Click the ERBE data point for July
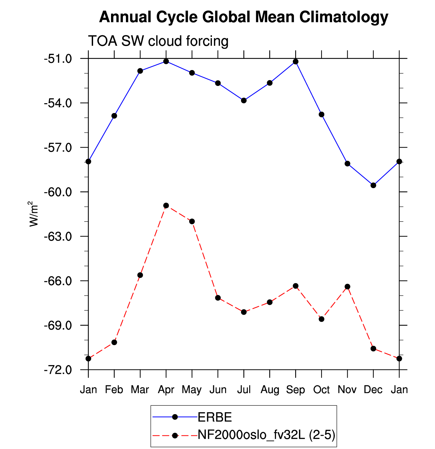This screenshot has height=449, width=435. click(x=244, y=100)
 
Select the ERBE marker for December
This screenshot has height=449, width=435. click(x=373, y=185)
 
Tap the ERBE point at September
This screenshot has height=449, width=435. click(x=296, y=62)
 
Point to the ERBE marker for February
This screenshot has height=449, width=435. click(x=114, y=116)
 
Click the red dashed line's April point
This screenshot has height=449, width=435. click(x=166, y=205)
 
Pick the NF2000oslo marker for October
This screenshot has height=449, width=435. click(x=321, y=319)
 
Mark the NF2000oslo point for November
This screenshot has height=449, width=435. click(x=347, y=287)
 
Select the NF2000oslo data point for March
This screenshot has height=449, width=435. click(x=140, y=275)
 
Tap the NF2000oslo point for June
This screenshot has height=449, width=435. click(x=218, y=298)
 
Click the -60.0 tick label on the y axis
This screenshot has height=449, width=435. click(x=58, y=192)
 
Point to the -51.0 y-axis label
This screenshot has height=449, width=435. click(x=58, y=59)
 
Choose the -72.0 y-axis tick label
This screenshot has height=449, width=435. click(x=58, y=370)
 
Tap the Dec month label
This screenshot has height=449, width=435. click(x=373, y=390)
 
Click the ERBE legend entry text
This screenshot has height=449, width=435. click(x=215, y=417)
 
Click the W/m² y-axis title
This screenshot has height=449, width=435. click(x=33, y=214)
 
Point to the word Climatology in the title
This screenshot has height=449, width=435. click(x=344, y=17)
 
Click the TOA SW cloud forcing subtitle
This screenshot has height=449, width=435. click(x=158, y=41)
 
